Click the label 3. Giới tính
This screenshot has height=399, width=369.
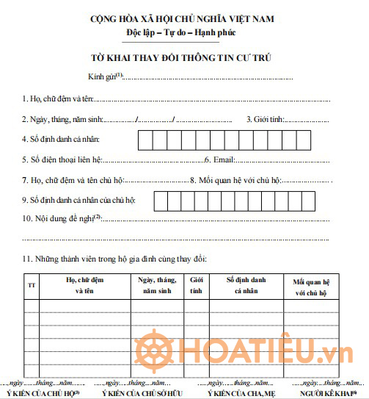pyautogui.click(x=265, y=119)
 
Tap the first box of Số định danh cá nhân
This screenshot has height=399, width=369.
pyautogui.click(x=146, y=139)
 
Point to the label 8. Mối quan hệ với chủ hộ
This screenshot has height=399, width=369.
pyautogui.click(x=235, y=179)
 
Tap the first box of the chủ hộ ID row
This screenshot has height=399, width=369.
pyautogui.click(x=162, y=200)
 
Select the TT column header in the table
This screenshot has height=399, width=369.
pyautogui.click(x=31, y=284)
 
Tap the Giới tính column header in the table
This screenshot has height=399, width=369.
pyautogui.click(x=197, y=284)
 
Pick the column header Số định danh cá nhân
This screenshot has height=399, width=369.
pyautogui.click(x=245, y=284)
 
